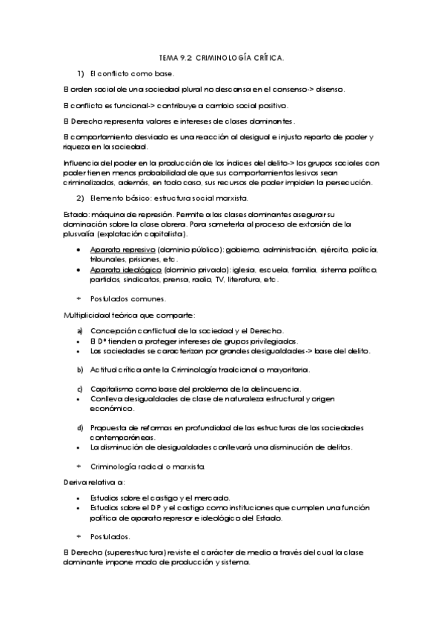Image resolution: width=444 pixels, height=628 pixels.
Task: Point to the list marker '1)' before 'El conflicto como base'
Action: [81, 73]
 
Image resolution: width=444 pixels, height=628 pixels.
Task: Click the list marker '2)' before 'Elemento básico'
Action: [81, 198]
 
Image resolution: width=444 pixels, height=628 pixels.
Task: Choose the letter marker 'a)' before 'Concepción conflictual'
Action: [80, 330]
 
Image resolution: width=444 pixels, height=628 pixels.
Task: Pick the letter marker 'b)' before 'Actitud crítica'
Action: [80, 369]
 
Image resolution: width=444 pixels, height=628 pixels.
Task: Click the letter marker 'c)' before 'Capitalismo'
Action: [80, 389]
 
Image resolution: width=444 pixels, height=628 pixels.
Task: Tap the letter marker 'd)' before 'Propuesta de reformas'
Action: [80, 428]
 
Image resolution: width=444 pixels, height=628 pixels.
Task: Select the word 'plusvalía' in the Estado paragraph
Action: [78, 234]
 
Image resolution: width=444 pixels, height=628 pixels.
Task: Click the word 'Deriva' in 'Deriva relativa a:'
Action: [74, 482]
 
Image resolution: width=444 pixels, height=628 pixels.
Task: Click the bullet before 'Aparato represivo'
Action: [79, 250]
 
